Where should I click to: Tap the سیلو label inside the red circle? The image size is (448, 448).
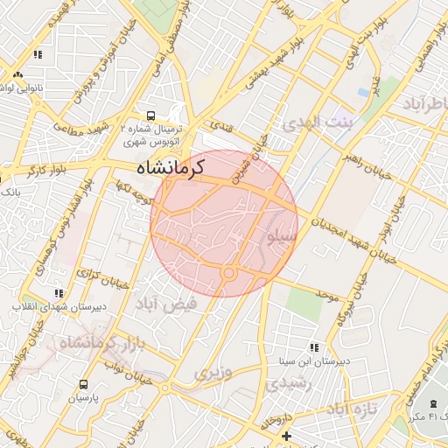[282, 236]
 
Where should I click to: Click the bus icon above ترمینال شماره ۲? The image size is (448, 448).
[151, 115]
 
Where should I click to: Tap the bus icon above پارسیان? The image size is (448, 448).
[83, 383]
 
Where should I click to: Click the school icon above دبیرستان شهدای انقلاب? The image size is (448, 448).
[58, 293]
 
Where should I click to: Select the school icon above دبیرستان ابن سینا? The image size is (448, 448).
[313, 347]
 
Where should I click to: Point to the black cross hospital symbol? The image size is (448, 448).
[285, 435]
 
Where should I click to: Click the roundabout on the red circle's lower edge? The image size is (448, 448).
[229, 275]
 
